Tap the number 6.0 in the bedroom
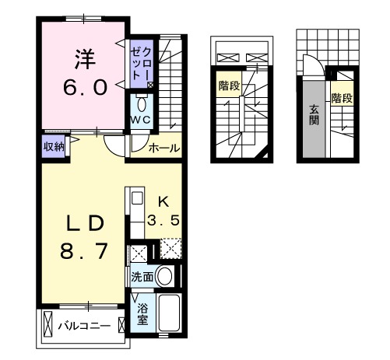(x=84, y=87)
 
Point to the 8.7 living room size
(x=84, y=252)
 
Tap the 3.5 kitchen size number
(x=165, y=220)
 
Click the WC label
(x=140, y=119)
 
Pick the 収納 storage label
(x=53, y=145)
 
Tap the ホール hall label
(x=163, y=148)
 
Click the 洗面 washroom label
(x=142, y=276)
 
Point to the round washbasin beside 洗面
(x=164, y=275)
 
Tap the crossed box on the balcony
(x=49, y=323)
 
